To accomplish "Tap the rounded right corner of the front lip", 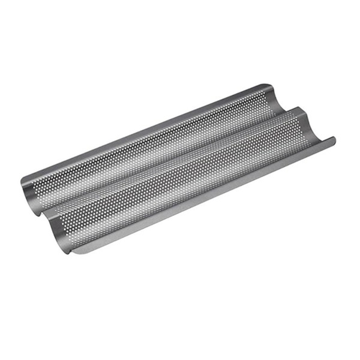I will click(x=333, y=141).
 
